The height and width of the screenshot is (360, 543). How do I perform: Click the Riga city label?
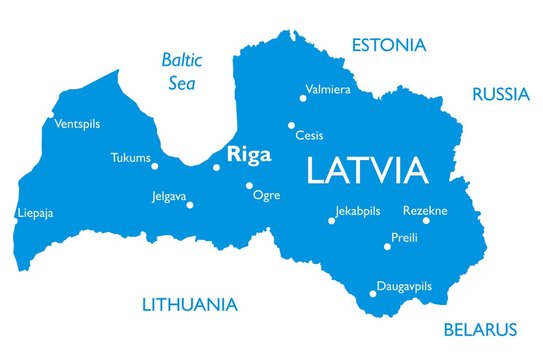coord(250,153)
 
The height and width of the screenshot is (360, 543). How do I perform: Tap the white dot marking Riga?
coord(216,167)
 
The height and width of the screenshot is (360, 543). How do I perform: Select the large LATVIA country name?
coord(367,170)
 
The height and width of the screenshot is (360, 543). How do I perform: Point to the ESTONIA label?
coord(388,45)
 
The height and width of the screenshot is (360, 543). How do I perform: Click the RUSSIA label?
coord(500,95)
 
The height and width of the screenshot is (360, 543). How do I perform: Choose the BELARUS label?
coord(480,329)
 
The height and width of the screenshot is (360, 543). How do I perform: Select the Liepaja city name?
coord(36,213)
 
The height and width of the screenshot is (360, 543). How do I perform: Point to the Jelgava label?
coord(168,196)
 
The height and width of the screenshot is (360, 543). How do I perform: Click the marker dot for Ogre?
coord(249,185)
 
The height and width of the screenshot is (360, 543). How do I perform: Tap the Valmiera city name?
coord(328,89)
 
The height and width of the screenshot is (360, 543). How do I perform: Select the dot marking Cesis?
coord(291,125)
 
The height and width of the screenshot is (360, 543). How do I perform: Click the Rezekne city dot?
coord(425,220)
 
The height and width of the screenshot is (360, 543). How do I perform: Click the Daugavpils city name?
coord(404,286)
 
